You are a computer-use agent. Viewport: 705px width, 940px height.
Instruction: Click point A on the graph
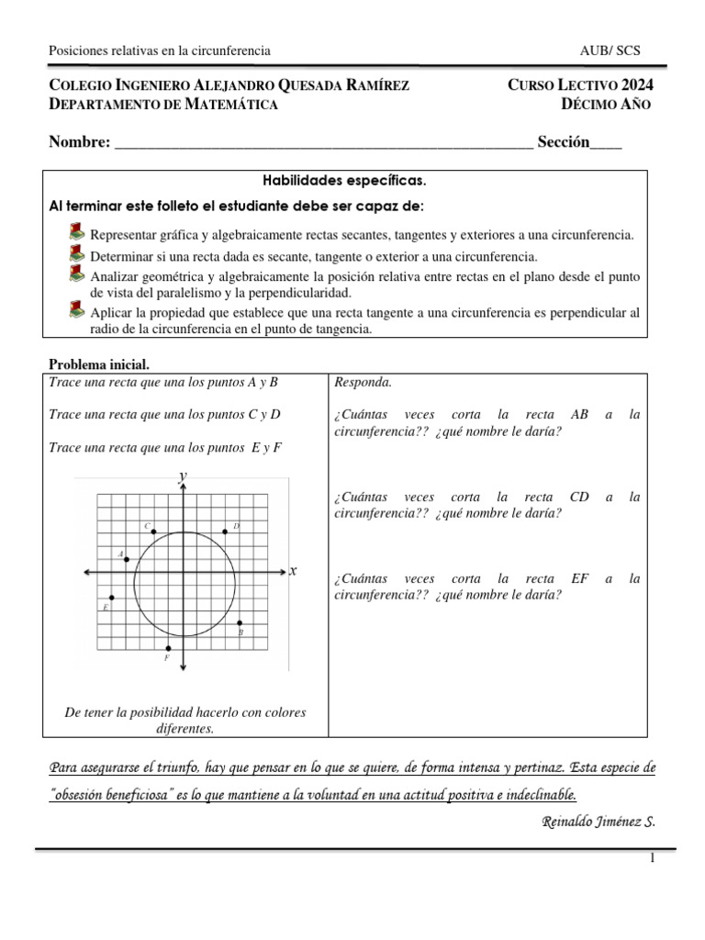point(127,559)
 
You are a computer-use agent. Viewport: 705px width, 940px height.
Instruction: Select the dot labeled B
point(241,623)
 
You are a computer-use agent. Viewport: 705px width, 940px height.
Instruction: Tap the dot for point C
point(153,532)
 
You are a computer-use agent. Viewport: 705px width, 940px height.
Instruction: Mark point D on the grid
point(226,532)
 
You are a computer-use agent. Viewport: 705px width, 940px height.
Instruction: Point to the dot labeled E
point(111,598)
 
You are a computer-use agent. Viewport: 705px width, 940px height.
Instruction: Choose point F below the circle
point(168,649)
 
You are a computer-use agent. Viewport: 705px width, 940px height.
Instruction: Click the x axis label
point(293,571)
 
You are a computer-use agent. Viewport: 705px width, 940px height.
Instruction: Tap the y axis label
point(183,474)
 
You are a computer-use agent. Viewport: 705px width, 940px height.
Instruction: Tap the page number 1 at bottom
point(652,858)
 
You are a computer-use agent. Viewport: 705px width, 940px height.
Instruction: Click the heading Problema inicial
point(98,364)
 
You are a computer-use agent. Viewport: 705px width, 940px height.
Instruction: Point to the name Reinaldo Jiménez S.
point(598,821)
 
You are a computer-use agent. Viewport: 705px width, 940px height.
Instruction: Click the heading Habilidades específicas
point(345,181)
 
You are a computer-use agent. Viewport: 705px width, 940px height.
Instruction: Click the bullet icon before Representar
point(77,233)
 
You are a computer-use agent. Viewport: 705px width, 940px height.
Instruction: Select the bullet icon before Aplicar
point(77,312)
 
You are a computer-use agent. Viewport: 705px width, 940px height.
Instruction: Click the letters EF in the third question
point(579,578)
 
